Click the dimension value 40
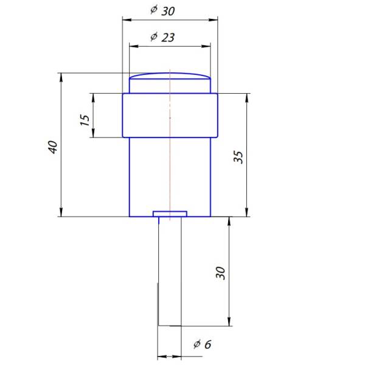[x=54, y=147]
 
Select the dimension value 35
[x=238, y=157]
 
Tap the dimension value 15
[x=85, y=120]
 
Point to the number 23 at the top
[x=168, y=37]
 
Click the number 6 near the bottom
[x=208, y=344]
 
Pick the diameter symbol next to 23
[x=154, y=36]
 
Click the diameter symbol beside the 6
[x=197, y=344]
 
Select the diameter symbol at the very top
[x=154, y=10]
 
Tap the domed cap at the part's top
[x=170, y=76]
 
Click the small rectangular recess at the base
[x=170, y=214]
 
